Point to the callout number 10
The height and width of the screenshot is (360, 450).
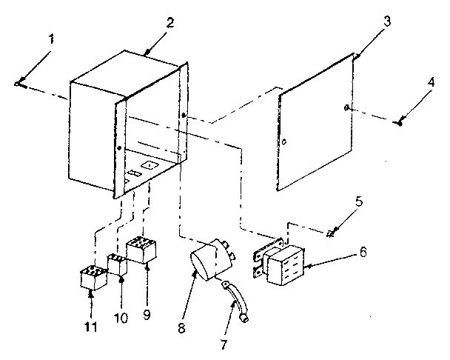coord(121,317)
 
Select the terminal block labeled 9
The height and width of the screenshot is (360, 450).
coord(143,250)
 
